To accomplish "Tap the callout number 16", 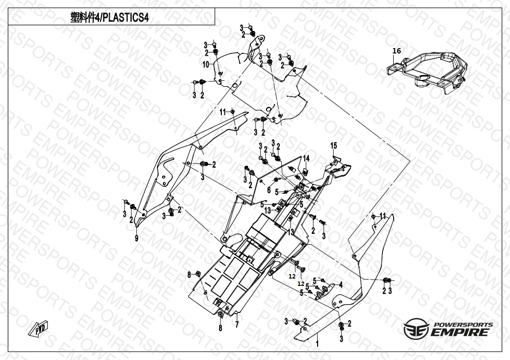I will point(397,51).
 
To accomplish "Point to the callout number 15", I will point(333,146).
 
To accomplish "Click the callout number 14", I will point(306,158).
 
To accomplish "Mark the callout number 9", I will point(137,238).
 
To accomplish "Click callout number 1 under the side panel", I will point(317,344).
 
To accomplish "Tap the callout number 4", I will point(341,284).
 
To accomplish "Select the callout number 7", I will point(237,325).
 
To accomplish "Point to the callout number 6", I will point(268,189).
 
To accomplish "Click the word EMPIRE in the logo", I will point(460,333).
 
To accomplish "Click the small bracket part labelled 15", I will point(341,167).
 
